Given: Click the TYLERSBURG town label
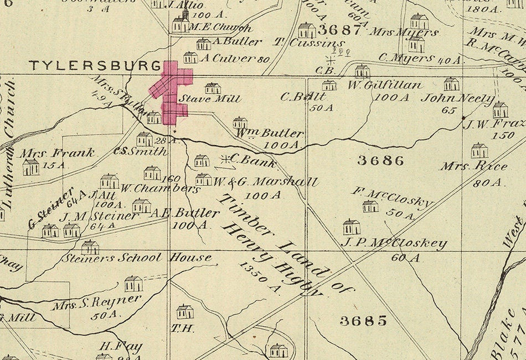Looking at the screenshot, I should tap(95, 65).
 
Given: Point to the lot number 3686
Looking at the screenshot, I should tap(380, 161).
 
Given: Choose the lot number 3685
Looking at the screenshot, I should tap(363, 321).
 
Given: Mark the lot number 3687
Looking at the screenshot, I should tap(339, 29).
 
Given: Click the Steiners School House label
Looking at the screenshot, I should tap(136, 258).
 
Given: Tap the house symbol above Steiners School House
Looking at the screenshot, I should tap(90, 247).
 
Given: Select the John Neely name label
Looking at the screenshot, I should tap(457, 99).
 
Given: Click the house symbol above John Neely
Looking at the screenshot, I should tap(451, 84).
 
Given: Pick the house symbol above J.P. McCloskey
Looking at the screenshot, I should tap(351, 227).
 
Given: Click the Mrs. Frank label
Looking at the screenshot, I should tap(58, 152).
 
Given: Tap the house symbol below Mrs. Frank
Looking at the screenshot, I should tap(30, 167).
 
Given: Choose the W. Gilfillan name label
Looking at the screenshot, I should tap(385, 85).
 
